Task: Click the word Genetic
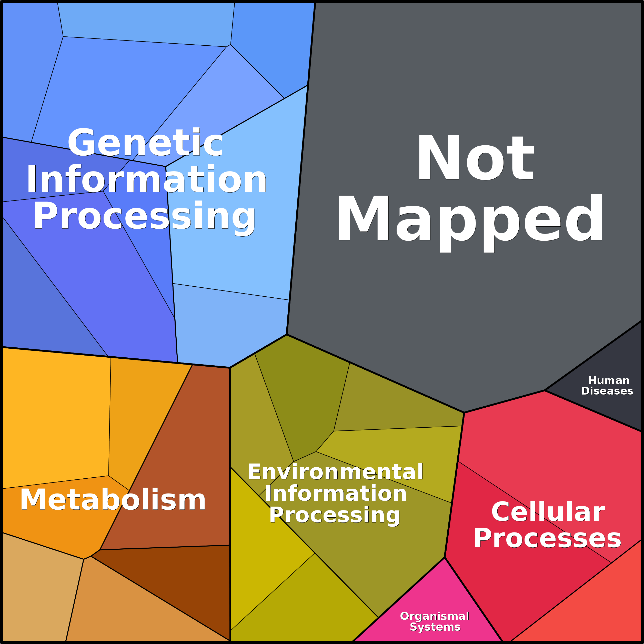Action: point(145,142)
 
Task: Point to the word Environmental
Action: point(335,472)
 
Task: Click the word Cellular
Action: point(548,512)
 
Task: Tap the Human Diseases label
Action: point(607,386)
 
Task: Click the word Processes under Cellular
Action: point(547,539)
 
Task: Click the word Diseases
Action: point(607,391)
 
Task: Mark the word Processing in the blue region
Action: point(144,217)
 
